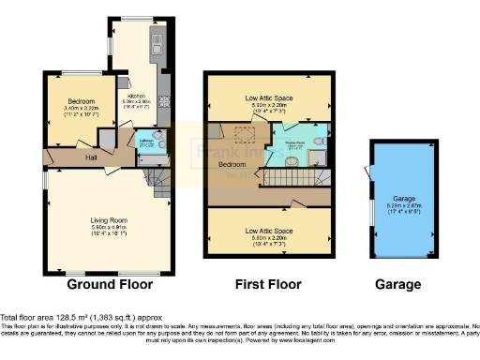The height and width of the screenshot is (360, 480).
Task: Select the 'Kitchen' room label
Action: coord(137,95)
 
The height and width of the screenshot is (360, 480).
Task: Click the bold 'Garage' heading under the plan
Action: coord(399,284)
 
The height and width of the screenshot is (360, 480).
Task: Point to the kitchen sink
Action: coord(157,43)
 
